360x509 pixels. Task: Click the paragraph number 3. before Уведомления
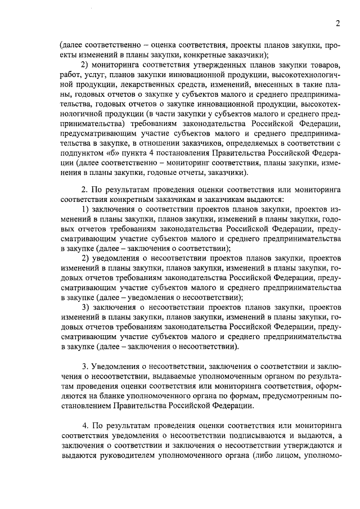[x=85, y=363]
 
